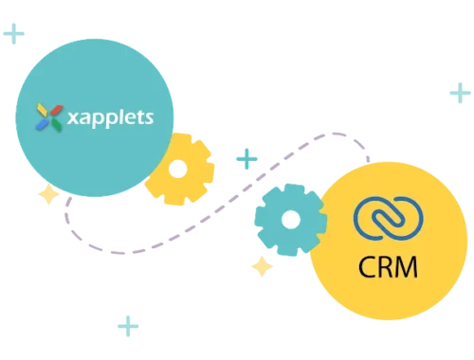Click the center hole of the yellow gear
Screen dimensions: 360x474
tap(180, 171)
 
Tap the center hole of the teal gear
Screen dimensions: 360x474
tap(289, 220)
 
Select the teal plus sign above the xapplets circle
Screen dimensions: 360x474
tap(14, 35)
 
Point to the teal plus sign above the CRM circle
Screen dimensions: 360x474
tap(459, 92)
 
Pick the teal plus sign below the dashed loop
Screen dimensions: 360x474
tap(127, 327)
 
